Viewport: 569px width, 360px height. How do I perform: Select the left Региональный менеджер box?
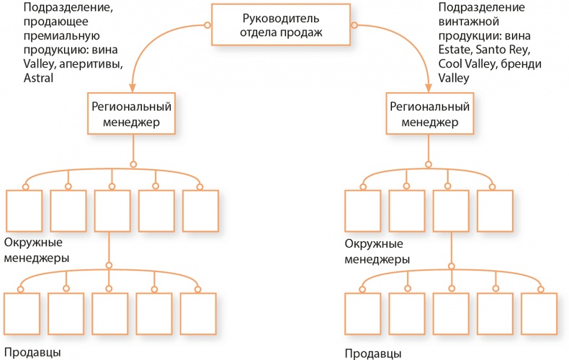click(131, 113)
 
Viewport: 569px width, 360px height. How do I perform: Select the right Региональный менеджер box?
click(429, 113)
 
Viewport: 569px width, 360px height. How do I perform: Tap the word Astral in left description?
click(19, 78)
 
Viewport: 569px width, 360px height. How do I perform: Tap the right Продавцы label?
click(373, 354)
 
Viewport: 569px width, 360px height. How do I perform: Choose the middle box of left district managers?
click(112, 211)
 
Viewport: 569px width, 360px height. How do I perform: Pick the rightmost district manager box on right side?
click(495, 211)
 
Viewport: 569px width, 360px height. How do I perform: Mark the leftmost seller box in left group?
click(21, 313)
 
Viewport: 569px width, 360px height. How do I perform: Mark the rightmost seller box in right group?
click(539, 313)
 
